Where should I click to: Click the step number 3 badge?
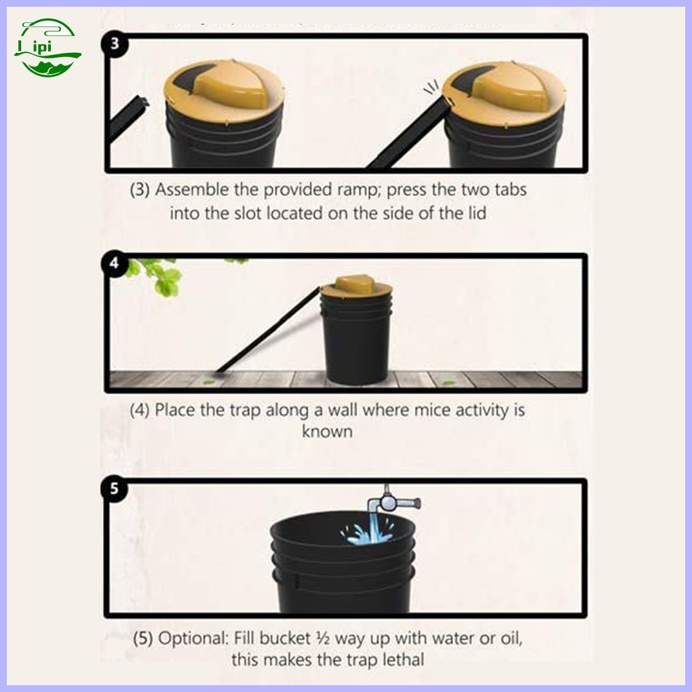(x=115, y=43)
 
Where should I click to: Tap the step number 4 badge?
(x=114, y=263)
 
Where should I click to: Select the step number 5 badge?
(x=114, y=489)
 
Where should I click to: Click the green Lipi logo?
(x=47, y=47)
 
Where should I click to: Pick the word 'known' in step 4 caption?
(x=327, y=431)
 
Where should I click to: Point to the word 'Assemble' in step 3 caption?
(x=191, y=190)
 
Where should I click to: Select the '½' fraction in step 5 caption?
(x=324, y=638)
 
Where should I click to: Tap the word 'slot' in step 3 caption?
(x=248, y=214)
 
